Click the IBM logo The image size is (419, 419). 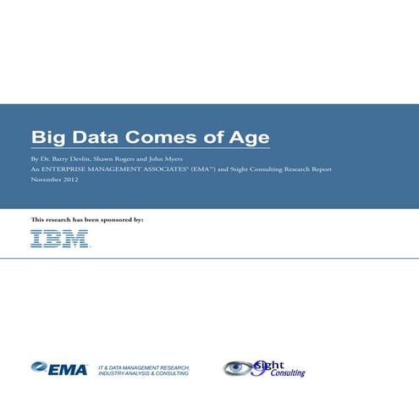[60, 239]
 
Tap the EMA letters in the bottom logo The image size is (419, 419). [71, 368]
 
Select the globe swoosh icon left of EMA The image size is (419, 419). [41, 367]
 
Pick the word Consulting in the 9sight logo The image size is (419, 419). [288, 372]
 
